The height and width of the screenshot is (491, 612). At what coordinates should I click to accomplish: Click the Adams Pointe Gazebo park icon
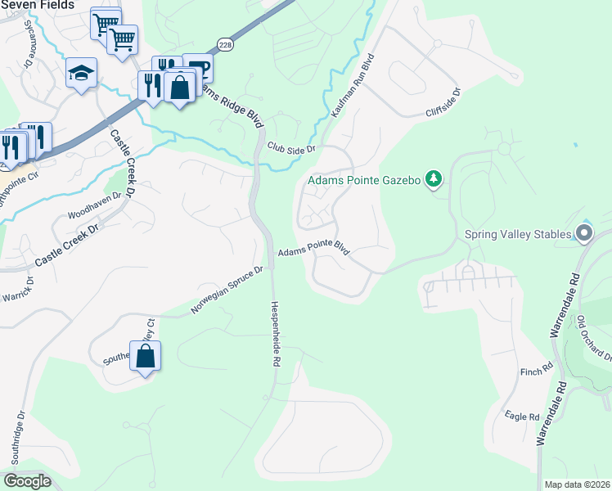click(434, 179)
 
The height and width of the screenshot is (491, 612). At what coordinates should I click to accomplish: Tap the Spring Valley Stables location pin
click(583, 235)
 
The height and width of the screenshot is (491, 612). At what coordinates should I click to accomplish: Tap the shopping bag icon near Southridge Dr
click(145, 356)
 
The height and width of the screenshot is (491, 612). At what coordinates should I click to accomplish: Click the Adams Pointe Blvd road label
click(313, 253)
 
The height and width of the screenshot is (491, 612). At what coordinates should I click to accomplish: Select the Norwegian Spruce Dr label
click(227, 290)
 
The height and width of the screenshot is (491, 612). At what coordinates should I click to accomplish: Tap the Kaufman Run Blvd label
click(353, 86)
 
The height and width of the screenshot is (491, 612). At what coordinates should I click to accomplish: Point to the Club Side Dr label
click(291, 148)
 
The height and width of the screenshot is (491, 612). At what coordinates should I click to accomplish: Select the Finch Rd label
click(537, 372)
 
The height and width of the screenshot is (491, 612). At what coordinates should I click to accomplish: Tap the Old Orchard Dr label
click(594, 338)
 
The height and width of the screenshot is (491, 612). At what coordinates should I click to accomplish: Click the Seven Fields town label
click(36, 5)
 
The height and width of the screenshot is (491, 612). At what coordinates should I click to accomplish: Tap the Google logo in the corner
click(27, 480)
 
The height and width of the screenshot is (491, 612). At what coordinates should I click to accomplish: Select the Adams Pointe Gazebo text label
click(364, 179)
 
